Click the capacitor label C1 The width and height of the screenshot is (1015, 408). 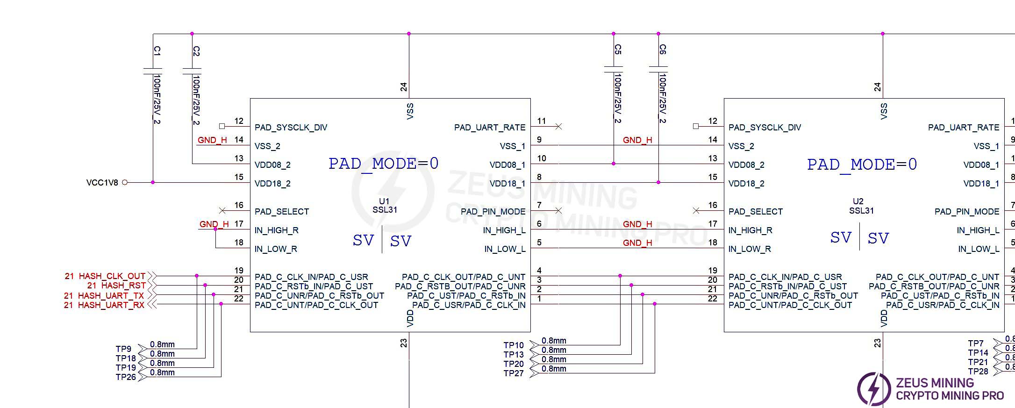click(x=157, y=50)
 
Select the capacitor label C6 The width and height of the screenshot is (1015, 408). click(x=663, y=49)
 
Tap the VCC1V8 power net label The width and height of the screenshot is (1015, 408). click(x=102, y=183)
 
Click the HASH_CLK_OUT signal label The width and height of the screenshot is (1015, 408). click(x=112, y=276)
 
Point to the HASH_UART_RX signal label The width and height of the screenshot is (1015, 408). click(x=111, y=305)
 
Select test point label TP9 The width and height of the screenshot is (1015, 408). click(x=123, y=349)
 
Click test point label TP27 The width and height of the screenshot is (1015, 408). click(x=513, y=373)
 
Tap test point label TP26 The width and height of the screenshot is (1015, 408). click(x=125, y=377)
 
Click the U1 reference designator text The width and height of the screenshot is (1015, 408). click(x=384, y=201)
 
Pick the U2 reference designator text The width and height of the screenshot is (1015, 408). click(x=858, y=201)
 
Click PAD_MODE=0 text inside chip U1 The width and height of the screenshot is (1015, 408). click(x=383, y=164)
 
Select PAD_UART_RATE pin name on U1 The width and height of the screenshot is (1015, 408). click(x=489, y=128)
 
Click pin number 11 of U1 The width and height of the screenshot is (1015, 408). click(x=541, y=121)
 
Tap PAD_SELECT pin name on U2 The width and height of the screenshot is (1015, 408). click(x=755, y=212)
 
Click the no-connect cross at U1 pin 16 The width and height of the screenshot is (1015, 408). click(x=222, y=211)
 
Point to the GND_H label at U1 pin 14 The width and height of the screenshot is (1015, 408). click(x=212, y=140)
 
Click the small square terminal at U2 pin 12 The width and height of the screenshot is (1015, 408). click(x=696, y=126)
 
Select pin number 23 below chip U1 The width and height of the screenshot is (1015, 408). click(x=404, y=343)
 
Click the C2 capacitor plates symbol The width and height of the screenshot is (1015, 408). click(x=192, y=71)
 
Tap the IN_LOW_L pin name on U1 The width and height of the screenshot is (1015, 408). click(x=505, y=249)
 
